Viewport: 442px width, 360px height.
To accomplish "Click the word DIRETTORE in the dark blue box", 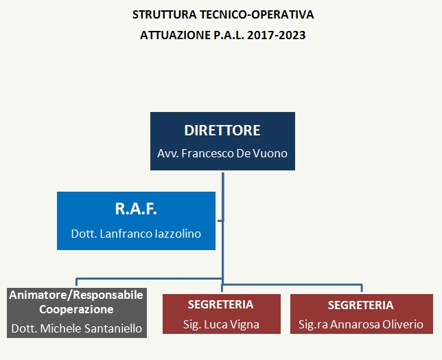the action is coord(222,131).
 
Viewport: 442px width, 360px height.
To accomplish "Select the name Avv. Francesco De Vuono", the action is coord(222,153).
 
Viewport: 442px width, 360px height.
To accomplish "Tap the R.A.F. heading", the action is coord(136,209).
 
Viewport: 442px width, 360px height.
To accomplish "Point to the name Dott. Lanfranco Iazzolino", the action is coord(136,234).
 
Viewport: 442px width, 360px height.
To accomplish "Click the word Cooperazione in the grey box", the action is coord(76,309).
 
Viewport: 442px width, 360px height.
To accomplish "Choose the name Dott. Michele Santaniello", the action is coord(77,328).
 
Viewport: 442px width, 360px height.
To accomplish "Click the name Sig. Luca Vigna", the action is coord(221,324).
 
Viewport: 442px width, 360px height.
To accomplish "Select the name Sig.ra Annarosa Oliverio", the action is coord(361,324).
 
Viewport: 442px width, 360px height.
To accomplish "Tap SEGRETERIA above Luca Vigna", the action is coord(221,305).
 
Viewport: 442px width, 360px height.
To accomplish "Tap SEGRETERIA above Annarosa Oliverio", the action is coord(361,305).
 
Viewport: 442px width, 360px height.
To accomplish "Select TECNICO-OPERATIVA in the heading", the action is coord(257,14).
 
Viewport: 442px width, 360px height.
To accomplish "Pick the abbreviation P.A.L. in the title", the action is coord(229,35).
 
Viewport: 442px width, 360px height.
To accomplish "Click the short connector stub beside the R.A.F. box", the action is coord(220,221).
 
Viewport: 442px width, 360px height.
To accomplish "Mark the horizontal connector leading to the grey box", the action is coord(149,279).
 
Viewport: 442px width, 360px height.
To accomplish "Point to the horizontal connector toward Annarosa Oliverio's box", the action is coord(292,284).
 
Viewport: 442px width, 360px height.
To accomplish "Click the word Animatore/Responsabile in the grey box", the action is coord(76,295).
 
